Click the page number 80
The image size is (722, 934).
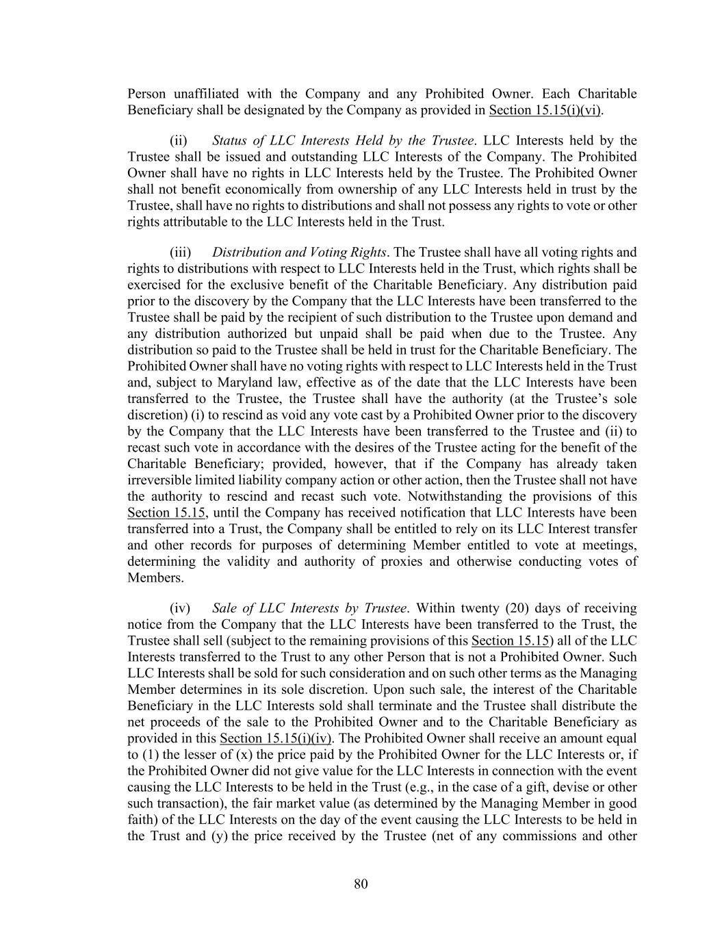[x=361, y=884]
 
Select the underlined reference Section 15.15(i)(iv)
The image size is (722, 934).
[x=275, y=738]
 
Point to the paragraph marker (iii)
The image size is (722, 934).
[x=179, y=252]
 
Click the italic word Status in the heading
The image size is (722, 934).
[x=229, y=141]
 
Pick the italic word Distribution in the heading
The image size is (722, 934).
[x=246, y=252]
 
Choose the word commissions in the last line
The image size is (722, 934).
[x=539, y=836]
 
